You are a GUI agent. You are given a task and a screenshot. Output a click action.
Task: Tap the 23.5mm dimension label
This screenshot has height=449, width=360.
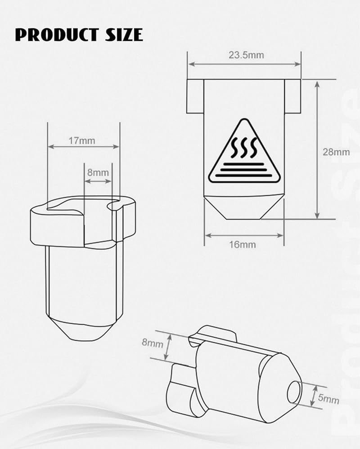[246, 55]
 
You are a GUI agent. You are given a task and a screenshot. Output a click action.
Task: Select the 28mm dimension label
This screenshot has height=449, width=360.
[336, 152]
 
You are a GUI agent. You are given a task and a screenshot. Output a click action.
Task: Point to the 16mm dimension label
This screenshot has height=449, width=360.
[242, 245]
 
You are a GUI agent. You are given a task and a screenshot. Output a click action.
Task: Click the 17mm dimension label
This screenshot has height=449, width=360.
[82, 141]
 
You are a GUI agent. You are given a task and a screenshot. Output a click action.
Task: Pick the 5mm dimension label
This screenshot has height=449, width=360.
[328, 398]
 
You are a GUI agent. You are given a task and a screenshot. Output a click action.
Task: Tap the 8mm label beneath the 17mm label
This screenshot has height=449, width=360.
[98, 172]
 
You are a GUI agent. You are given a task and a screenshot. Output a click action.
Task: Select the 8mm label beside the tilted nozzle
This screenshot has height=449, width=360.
[153, 342]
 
